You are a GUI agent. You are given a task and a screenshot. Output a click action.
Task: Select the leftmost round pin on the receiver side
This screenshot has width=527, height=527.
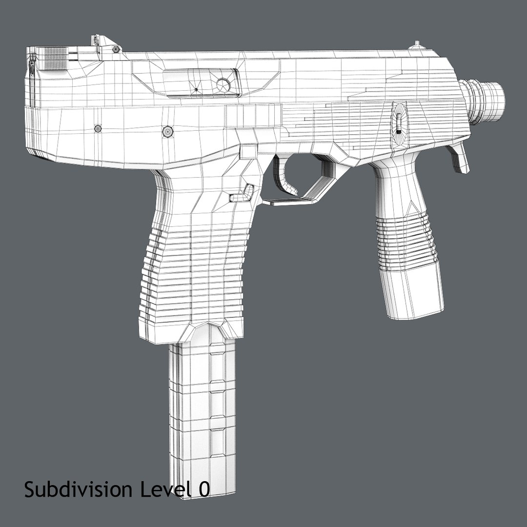(x=98, y=128)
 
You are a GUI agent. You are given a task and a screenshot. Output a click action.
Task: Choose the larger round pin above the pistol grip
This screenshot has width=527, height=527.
(x=167, y=131)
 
